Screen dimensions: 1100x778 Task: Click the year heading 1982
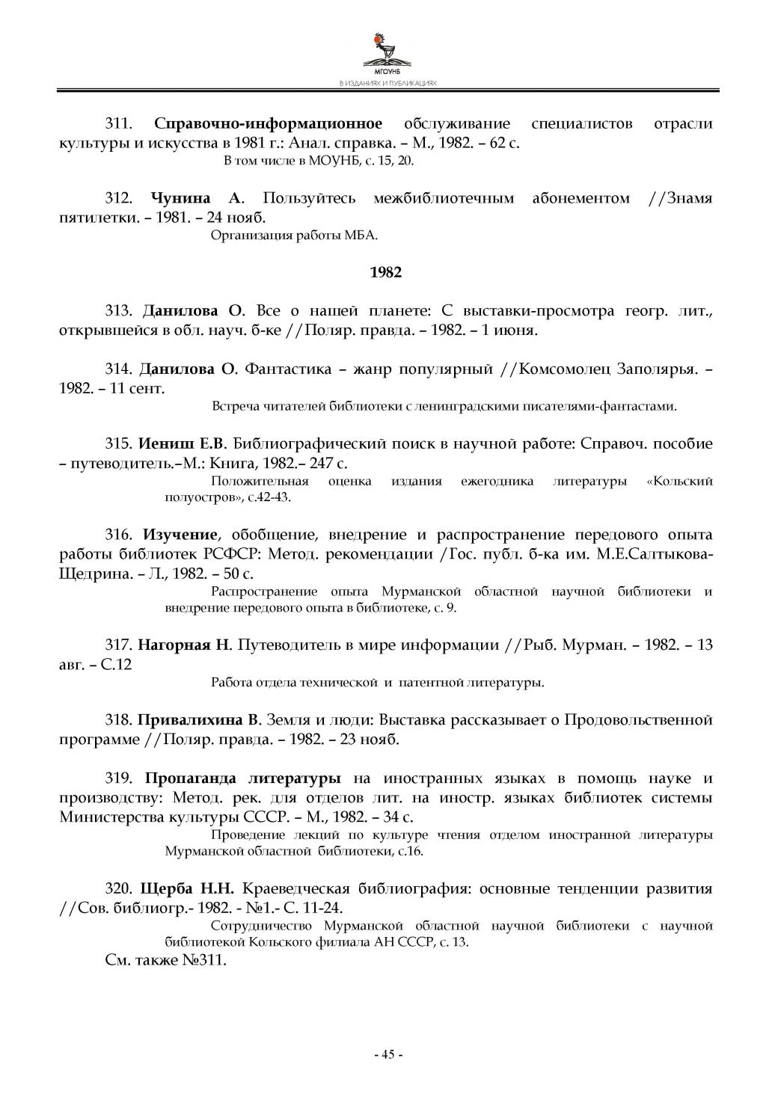click(x=386, y=272)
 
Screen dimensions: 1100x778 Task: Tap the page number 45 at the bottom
click(x=388, y=1054)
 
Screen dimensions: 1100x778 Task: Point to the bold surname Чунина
click(x=180, y=198)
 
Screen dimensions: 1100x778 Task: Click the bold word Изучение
click(x=180, y=535)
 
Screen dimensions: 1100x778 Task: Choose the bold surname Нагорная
click(x=174, y=645)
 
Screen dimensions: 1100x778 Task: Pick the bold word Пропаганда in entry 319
click(x=191, y=778)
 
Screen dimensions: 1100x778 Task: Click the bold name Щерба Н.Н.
click(x=187, y=888)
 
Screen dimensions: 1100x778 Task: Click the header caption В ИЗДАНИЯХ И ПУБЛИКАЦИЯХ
click(x=388, y=85)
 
